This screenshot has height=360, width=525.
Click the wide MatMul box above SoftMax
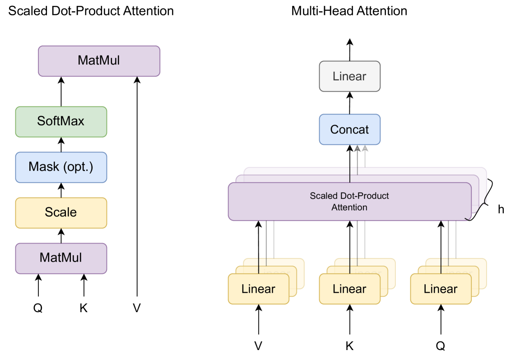point(99,61)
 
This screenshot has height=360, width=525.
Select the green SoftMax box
point(61,121)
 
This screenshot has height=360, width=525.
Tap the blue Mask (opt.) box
point(61,167)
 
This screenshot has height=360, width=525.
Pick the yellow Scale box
point(61,212)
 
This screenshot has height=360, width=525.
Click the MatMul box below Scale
point(61,258)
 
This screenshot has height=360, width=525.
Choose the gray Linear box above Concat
point(349,76)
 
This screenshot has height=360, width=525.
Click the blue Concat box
point(349,129)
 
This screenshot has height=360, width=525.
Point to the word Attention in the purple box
point(349,208)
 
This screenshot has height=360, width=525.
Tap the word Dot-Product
point(363,196)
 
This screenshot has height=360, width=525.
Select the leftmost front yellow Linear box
point(258,289)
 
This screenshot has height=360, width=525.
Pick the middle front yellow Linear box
point(349,289)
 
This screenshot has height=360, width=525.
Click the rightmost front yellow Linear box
point(441,289)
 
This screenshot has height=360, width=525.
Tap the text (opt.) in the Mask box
point(79,167)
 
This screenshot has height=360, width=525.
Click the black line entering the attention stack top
point(350,175)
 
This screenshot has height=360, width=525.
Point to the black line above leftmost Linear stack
point(258,266)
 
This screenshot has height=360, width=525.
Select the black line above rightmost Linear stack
point(441,266)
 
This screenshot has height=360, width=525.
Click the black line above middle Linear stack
point(349,266)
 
